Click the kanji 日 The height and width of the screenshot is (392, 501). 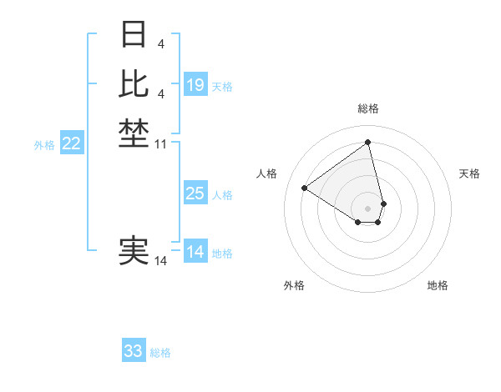pyautogui.click(x=134, y=35)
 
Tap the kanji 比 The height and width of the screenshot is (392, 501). pyautogui.click(x=134, y=83)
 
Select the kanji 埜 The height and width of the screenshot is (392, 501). pyautogui.click(x=134, y=133)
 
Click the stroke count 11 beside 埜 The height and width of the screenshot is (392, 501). pyautogui.click(x=161, y=144)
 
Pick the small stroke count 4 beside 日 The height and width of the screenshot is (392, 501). pyautogui.click(x=160, y=43)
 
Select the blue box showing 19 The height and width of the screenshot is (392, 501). pyautogui.click(x=195, y=85)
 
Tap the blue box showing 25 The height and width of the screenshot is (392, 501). pyautogui.click(x=195, y=193)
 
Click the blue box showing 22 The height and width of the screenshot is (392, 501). pyautogui.click(x=72, y=143)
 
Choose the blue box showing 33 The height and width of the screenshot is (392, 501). pyautogui.click(x=134, y=351)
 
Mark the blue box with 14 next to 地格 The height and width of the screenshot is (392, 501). pyautogui.click(x=195, y=252)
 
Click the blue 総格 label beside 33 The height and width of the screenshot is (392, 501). pyautogui.click(x=160, y=353)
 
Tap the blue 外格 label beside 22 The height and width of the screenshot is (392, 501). pyautogui.click(x=44, y=145)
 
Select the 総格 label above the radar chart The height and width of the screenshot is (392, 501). pyautogui.click(x=368, y=109)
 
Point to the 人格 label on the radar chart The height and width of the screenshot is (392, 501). pyautogui.click(x=267, y=173)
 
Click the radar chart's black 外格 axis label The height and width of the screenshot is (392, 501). pyautogui.click(x=294, y=285)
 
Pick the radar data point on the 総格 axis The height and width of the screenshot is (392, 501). pyautogui.click(x=368, y=142)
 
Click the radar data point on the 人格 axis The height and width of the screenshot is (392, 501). pyautogui.click(x=305, y=188)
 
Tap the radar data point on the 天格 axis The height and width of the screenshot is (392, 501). pyautogui.click(x=383, y=203)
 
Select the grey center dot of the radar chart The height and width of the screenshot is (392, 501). pyautogui.click(x=368, y=208)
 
